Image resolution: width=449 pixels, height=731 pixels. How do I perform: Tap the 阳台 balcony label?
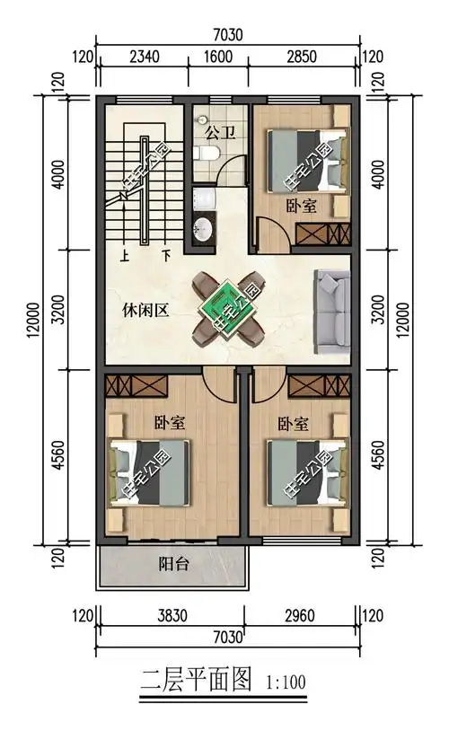click(x=172, y=565)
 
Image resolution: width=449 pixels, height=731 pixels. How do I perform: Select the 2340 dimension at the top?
click(x=144, y=57)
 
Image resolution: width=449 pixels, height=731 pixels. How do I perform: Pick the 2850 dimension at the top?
click(x=301, y=57)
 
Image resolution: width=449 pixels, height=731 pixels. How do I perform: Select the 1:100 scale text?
click(x=286, y=682)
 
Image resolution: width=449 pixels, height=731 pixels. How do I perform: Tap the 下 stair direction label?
click(x=166, y=255)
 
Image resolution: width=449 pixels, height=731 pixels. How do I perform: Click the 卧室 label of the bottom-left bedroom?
click(x=170, y=421)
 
